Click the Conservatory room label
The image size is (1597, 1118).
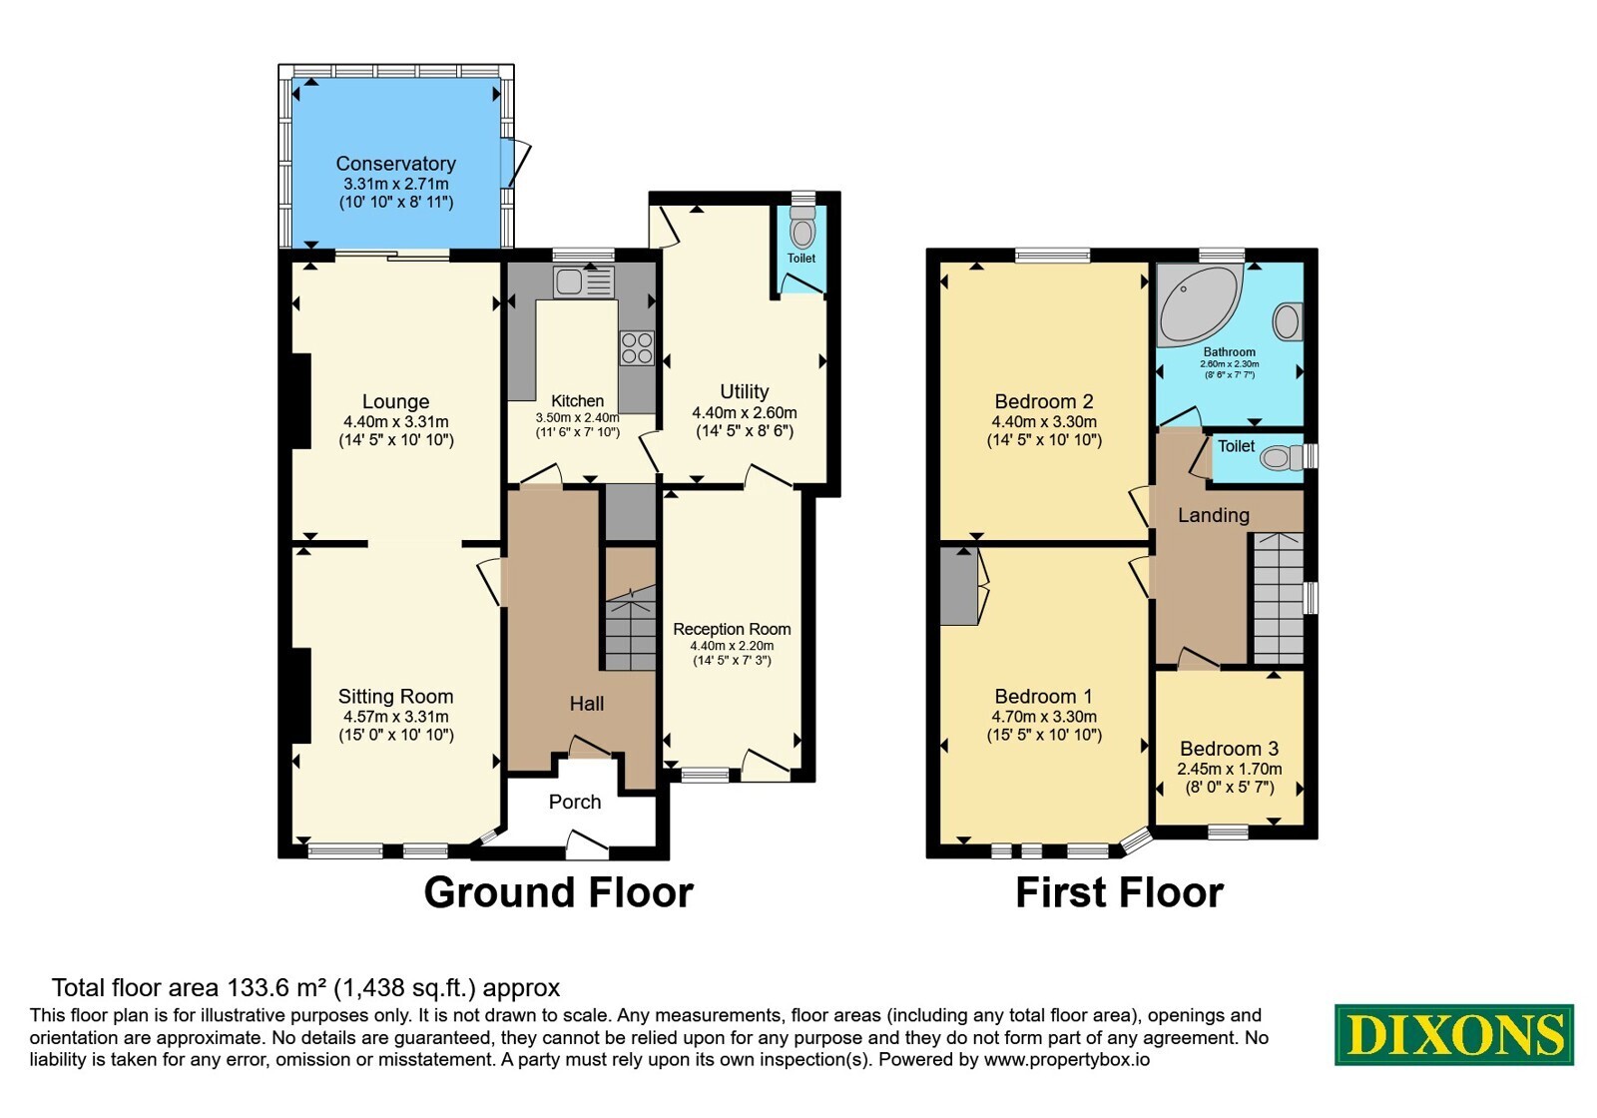(395, 164)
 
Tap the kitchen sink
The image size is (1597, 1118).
(583, 281)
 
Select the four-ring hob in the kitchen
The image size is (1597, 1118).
(637, 348)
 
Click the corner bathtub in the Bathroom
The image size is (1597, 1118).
(1198, 304)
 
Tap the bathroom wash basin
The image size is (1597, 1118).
(1287, 321)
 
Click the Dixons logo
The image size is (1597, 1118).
(1453, 1034)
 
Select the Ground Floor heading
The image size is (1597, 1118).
(558, 892)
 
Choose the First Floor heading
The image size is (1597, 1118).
(1119, 892)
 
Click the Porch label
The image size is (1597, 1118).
(575, 803)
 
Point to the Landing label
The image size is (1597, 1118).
(1214, 515)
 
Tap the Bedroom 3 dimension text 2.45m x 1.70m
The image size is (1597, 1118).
(1229, 769)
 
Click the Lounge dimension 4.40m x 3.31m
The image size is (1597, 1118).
(395, 421)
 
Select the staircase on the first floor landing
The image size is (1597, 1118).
(1279, 598)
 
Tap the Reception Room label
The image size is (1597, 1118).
(733, 629)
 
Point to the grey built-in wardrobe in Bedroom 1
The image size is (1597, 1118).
(958, 587)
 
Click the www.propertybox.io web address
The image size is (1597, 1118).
(1067, 1059)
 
